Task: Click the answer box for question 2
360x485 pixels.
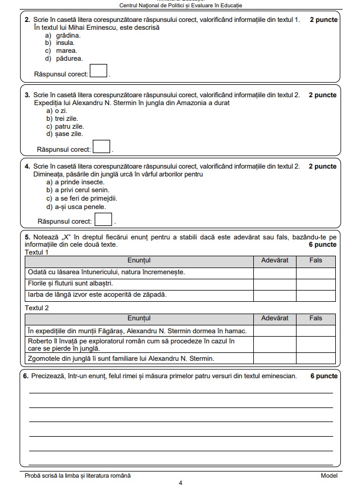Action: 99,71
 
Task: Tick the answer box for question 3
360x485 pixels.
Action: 101,147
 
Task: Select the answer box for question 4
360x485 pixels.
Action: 103,220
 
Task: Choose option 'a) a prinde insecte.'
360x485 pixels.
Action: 75,182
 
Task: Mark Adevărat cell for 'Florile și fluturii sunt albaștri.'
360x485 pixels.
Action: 275,283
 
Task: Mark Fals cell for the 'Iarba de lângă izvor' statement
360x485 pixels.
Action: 316,294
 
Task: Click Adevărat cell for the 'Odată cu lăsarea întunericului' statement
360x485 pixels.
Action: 275,273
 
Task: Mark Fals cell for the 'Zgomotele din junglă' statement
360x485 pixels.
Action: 316,358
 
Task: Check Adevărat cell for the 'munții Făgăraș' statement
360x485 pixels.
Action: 275,330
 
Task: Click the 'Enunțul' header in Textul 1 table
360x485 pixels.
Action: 139,261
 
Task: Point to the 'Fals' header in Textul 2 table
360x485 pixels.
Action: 316,318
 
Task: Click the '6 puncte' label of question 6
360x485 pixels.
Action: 323,376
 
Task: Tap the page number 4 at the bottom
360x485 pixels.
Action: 180,482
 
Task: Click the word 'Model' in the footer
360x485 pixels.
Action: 329,475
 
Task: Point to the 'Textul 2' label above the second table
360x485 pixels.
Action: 37,308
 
